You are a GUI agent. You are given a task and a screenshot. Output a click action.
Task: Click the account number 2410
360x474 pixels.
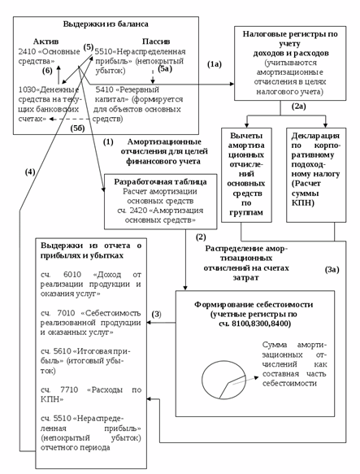click(28, 50)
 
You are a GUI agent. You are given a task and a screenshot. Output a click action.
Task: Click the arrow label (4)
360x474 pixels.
click(29, 172)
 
